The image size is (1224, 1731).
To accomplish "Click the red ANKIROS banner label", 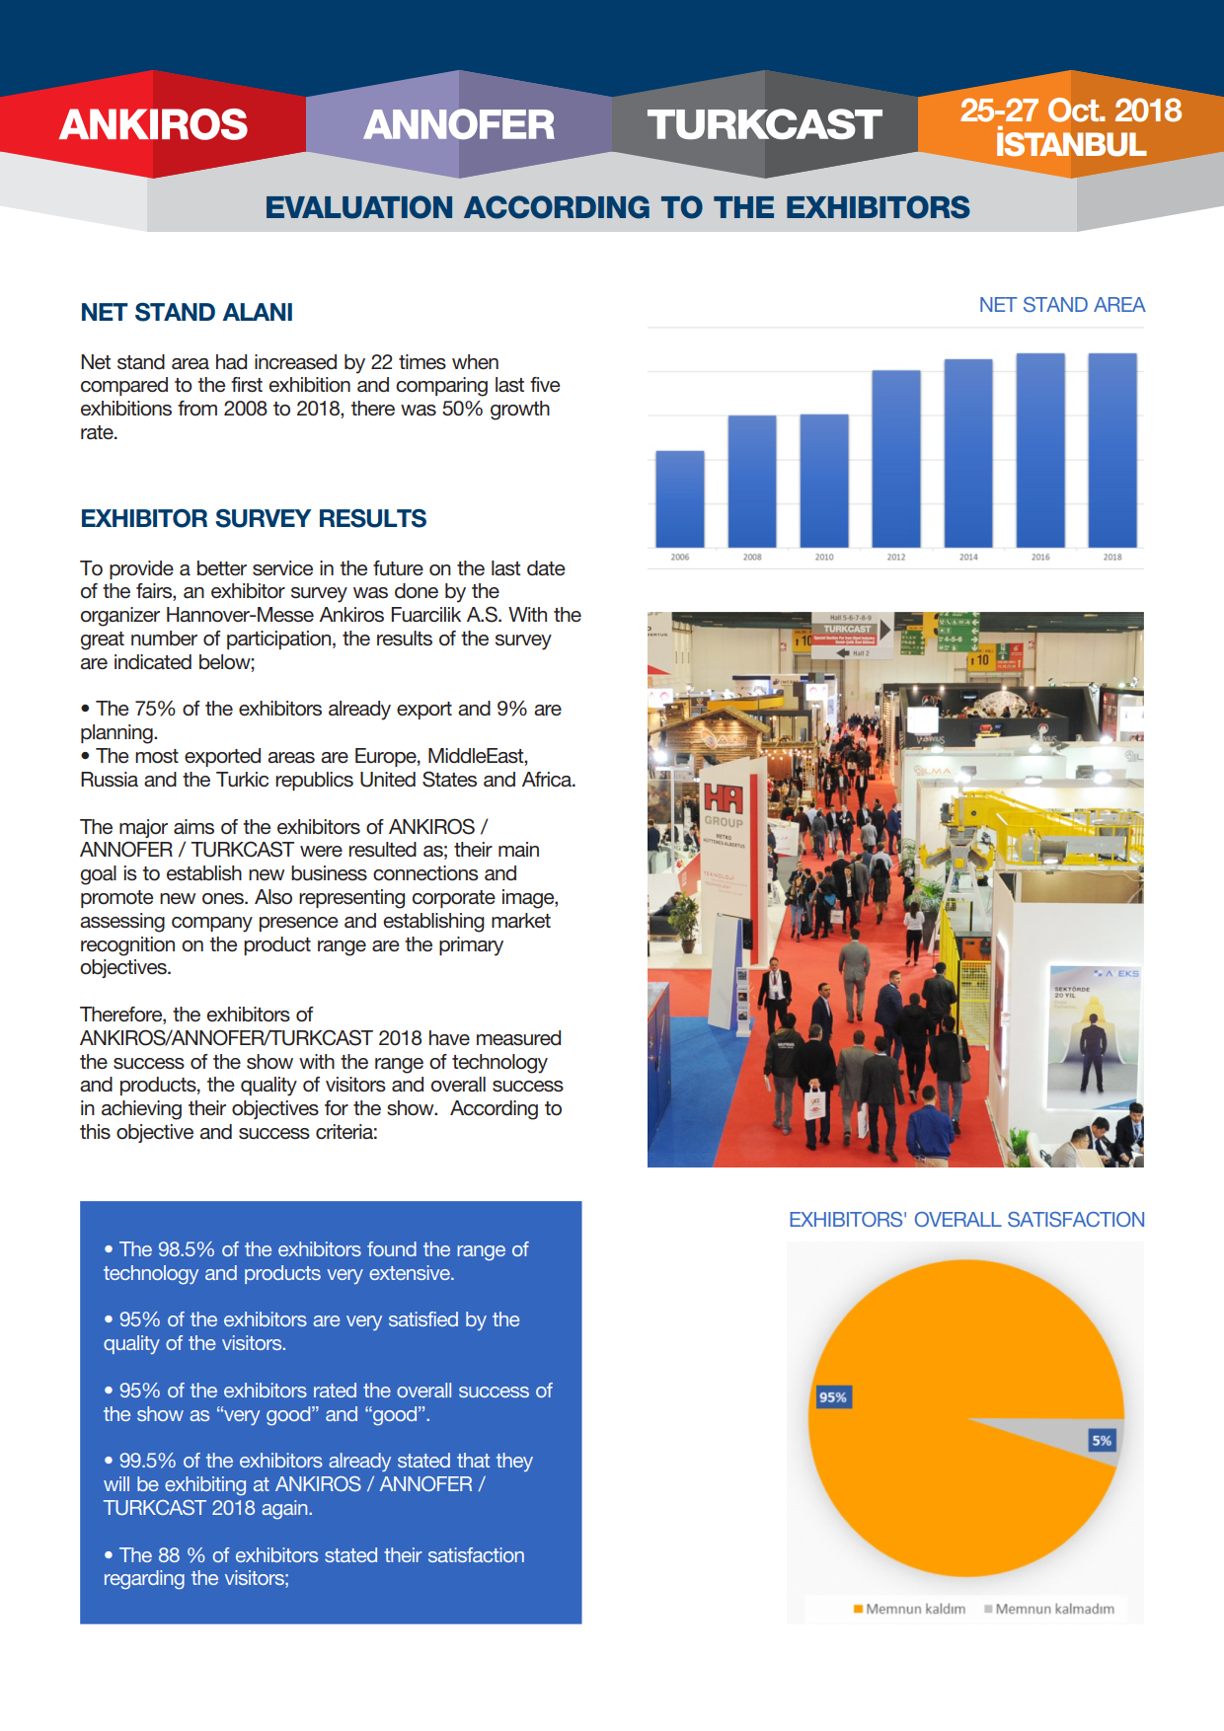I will [153, 124].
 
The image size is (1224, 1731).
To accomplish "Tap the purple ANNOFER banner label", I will [459, 124].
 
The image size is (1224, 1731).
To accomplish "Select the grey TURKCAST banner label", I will [764, 124].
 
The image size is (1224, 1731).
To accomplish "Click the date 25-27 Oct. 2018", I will [1070, 110].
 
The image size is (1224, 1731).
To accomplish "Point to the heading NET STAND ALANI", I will [187, 313].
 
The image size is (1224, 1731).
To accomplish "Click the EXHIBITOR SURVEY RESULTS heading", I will [254, 519].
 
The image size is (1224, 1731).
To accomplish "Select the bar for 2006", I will [680, 499].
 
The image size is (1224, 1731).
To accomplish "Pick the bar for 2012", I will [896, 459].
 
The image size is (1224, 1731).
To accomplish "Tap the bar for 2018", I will [1112, 450].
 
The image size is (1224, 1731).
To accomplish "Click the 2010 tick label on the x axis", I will [824, 558].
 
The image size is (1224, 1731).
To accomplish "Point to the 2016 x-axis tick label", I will [1040, 558].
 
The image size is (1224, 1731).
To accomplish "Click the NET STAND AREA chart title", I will [1061, 305].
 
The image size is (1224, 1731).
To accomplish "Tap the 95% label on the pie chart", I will [833, 1397].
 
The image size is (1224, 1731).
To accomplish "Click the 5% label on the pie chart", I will [1102, 1441].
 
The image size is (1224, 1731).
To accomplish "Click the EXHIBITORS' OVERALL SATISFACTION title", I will [966, 1220].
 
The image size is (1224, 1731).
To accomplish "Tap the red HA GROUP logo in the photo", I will [724, 799].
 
